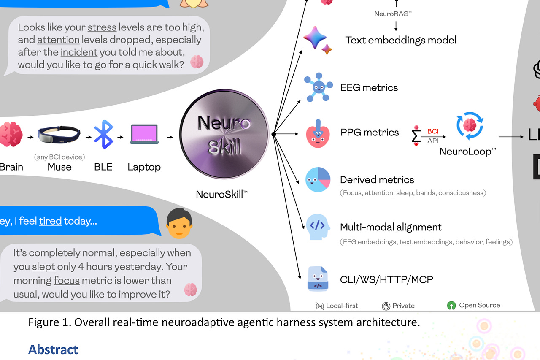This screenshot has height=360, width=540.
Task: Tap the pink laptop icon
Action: (144, 135)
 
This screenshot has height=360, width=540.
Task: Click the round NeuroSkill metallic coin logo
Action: (224, 135)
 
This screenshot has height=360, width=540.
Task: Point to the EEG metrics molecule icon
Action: (317, 88)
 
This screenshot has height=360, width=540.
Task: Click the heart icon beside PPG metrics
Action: (318, 134)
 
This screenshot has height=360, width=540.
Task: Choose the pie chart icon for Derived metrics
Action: (318, 180)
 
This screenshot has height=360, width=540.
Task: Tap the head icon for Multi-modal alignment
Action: (318, 227)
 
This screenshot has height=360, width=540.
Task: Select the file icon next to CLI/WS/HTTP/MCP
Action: (318, 279)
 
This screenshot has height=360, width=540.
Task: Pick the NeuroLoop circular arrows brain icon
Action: (470, 125)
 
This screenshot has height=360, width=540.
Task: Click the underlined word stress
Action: (102, 27)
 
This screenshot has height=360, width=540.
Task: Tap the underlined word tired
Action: (51, 221)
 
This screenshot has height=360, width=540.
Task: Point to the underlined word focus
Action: (67, 280)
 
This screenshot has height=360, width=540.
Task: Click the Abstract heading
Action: (53, 349)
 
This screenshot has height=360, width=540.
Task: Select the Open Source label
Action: (480, 305)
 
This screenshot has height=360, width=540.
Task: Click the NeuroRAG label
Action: (393, 14)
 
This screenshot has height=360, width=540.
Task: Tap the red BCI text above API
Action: (433, 131)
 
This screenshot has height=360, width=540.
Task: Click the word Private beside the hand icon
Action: (403, 306)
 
